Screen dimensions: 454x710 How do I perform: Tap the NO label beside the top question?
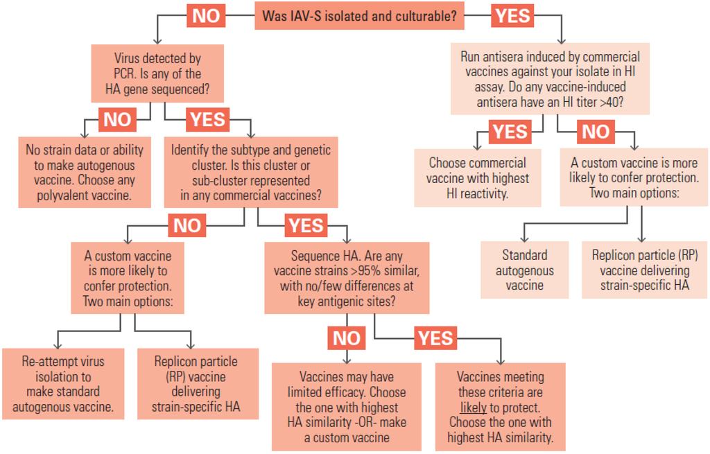click(x=206, y=16)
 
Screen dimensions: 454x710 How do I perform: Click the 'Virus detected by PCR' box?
click(x=157, y=73)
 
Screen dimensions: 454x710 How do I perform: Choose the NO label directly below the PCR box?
click(x=117, y=119)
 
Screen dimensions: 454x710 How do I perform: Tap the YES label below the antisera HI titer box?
click(x=510, y=131)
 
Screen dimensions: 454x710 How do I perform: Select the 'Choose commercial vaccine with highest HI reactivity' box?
click(x=478, y=178)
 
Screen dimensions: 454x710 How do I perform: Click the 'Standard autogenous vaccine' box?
click(x=525, y=270)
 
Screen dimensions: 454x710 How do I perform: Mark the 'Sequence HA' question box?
click(x=347, y=277)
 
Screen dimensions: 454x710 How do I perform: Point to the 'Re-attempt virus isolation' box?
click(x=63, y=383)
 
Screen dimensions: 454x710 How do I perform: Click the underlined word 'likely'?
click(x=473, y=408)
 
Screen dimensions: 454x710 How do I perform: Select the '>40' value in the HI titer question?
click(x=613, y=102)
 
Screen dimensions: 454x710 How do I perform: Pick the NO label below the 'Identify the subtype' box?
click(x=187, y=225)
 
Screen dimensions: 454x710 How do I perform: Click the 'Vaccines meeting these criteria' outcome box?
click(x=500, y=407)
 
